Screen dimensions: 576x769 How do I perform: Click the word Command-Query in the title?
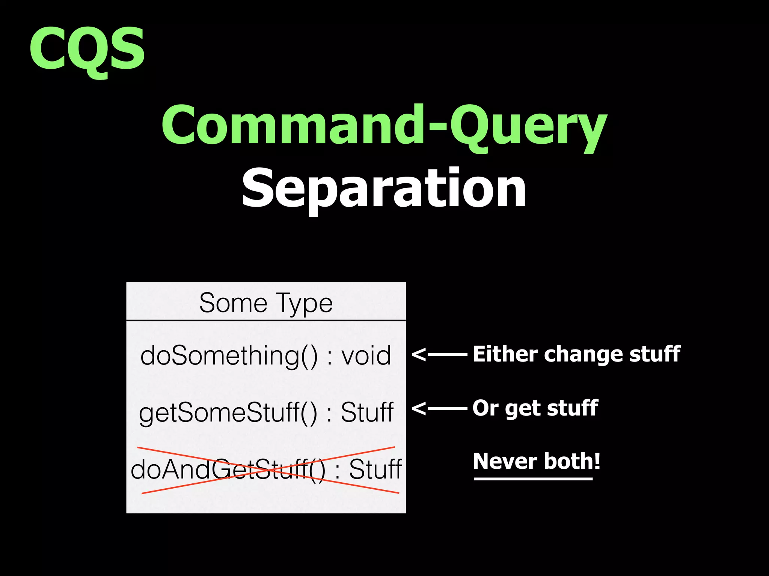pos(384,126)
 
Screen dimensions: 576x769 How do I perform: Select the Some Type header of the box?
pos(266,303)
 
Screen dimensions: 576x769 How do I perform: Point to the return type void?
pos(366,355)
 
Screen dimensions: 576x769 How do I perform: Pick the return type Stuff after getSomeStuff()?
pos(367,412)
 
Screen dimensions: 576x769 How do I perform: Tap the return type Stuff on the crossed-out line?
pos(375,469)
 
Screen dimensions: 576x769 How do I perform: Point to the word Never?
pos(505,461)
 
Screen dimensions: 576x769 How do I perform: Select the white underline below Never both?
pos(533,479)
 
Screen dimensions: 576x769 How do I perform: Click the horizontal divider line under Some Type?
pos(266,321)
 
